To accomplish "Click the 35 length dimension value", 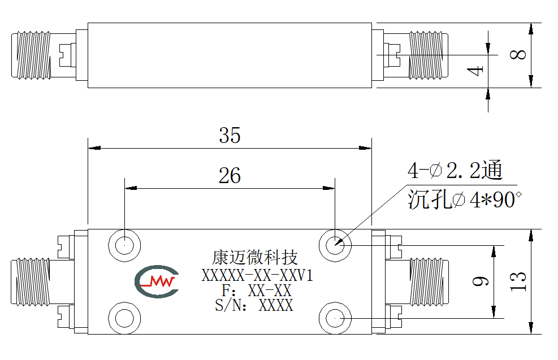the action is [230, 135].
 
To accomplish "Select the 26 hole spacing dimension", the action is [230, 175].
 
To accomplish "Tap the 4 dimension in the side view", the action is [475, 71].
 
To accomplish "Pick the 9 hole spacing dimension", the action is [480, 281].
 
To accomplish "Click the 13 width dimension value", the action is [518, 281].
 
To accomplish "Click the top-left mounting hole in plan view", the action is [124, 245].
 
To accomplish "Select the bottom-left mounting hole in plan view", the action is [124, 318].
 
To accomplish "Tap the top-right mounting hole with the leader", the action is [335, 245].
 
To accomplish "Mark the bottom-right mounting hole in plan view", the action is [335, 318].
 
